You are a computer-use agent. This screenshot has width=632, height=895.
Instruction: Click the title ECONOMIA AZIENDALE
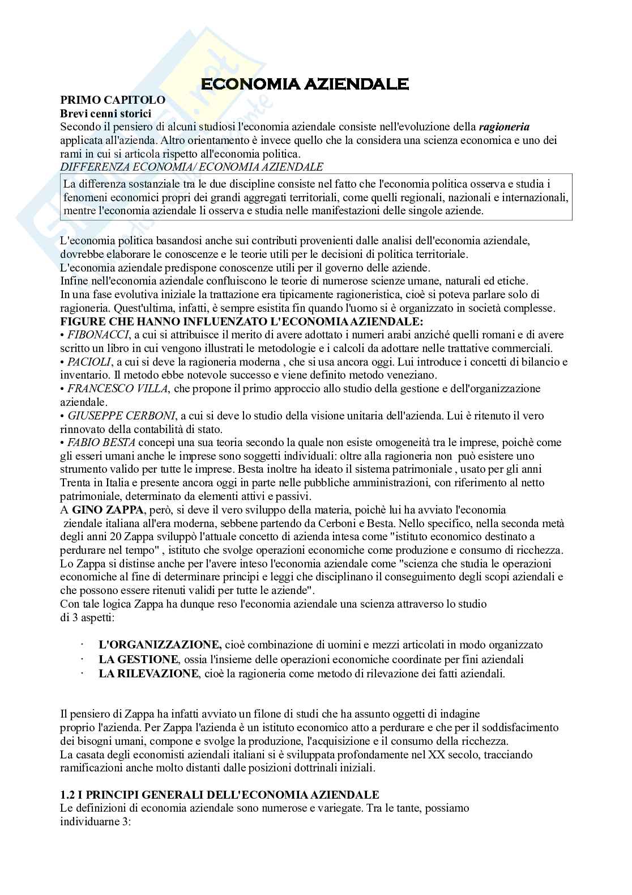point(305,84)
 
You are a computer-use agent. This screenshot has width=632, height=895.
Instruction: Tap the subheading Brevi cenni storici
point(105,113)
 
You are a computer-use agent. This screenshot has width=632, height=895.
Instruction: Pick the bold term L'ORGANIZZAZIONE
point(160,644)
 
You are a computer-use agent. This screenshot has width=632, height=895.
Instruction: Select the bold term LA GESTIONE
point(138,659)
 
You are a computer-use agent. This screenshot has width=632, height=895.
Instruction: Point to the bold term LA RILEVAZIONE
point(148,674)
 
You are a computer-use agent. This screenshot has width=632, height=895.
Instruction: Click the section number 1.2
point(67,795)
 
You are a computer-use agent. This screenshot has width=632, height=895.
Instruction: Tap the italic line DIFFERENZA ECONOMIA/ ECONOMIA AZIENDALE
point(191,166)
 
